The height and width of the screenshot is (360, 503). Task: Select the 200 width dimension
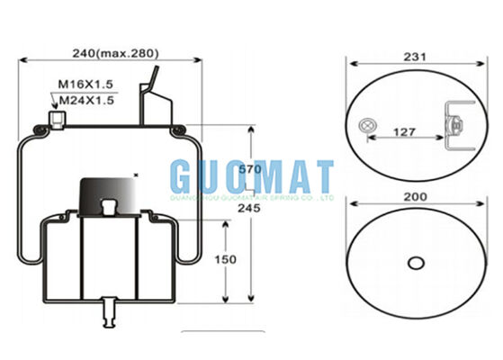(x=415, y=196)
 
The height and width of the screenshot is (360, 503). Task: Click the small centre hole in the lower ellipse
(x=415, y=263)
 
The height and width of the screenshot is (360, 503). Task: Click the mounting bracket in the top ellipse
(x=455, y=127)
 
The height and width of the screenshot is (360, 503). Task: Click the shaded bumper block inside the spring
(x=106, y=193)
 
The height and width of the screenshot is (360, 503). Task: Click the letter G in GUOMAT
(x=184, y=175)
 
